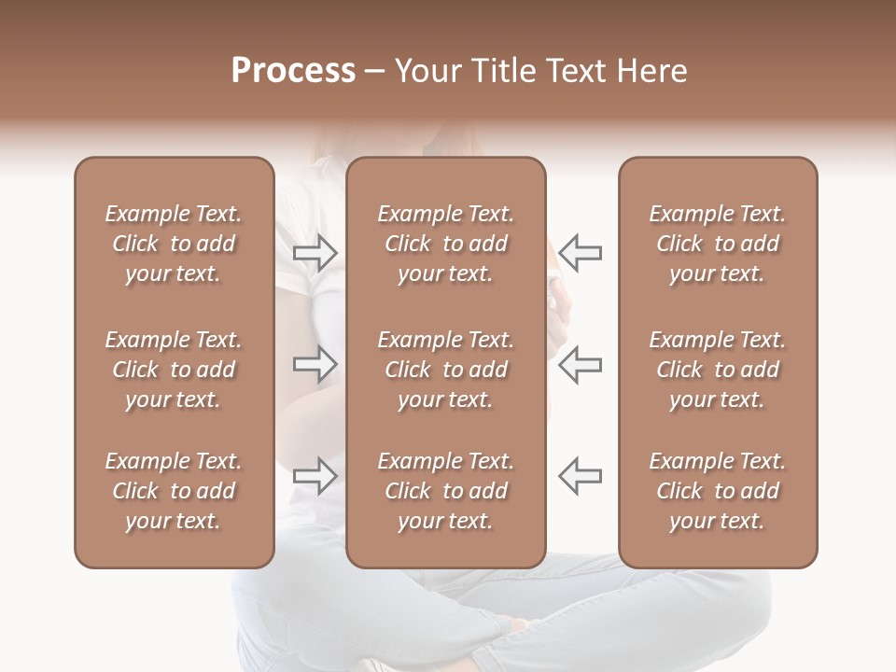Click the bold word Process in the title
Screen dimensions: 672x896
(293, 71)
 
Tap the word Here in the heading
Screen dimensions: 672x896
(654, 71)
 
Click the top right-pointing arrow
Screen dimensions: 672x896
(315, 253)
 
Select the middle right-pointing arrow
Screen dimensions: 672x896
(315, 364)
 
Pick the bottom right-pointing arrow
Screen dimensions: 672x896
(315, 475)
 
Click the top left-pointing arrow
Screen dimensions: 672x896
(581, 253)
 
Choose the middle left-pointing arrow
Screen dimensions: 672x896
(581, 364)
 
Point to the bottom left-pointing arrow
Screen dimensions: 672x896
(581, 475)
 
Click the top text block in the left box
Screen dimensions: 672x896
(174, 244)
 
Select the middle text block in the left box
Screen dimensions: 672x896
(174, 370)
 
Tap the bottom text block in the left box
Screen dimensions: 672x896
(174, 491)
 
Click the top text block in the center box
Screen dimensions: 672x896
(445, 244)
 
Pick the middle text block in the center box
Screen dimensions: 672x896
(445, 370)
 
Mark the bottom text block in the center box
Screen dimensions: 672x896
(445, 491)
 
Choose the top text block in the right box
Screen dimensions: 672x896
(717, 244)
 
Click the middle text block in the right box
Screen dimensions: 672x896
(717, 370)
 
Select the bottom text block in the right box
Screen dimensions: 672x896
(717, 491)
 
